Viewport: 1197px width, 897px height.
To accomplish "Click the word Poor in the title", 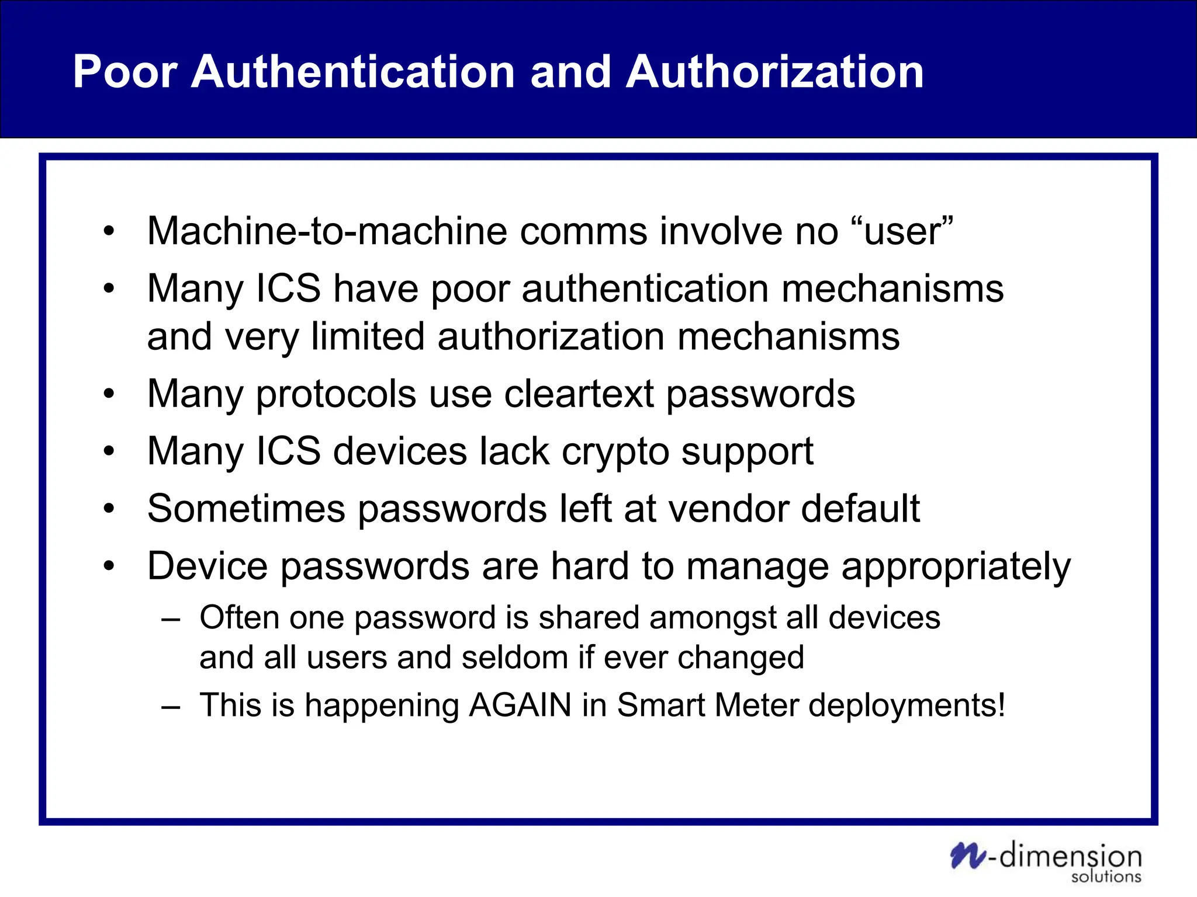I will pyautogui.click(x=125, y=72).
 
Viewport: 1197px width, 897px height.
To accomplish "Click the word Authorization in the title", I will pyautogui.click(x=774, y=72).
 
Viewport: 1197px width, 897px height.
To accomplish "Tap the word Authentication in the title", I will pyautogui.click(x=352, y=72).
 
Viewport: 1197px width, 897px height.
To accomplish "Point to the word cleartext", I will pyautogui.click(x=579, y=394).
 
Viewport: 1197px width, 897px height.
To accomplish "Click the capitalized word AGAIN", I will pyautogui.click(x=520, y=705).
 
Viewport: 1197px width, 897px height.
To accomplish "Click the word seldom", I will pyautogui.click(x=514, y=658).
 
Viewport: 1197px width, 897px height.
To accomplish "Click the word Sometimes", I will pyautogui.click(x=246, y=508).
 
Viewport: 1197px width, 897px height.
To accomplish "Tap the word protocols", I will pyautogui.click(x=336, y=395).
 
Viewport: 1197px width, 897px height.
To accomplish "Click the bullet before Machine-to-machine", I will pyautogui.click(x=109, y=232).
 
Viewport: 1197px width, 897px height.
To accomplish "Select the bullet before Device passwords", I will pyautogui.click(x=109, y=566).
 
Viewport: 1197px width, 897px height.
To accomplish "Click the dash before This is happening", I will pyautogui.click(x=171, y=706).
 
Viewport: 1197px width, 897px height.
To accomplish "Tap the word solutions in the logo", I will pyautogui.click(x=1106, y=877).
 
